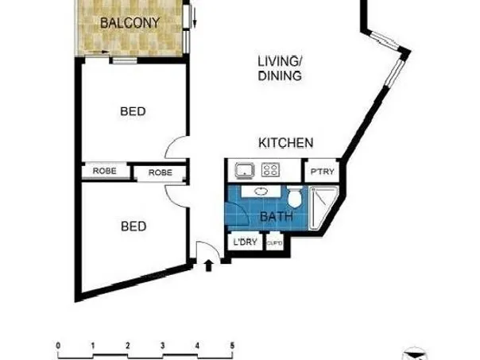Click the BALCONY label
(x=130, y=23)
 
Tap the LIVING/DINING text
(x=280, y=68)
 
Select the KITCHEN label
(x=286, y=143)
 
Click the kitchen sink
(x=245, y=170)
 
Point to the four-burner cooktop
(x=270, y=170)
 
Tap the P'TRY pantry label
(x=323, y=172)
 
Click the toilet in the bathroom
(x=295, y=196)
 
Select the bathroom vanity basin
(x=261, y=192)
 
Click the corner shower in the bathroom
(x=323, y=208)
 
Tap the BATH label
(x=277, y=217)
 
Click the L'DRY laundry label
(x=245, y=242)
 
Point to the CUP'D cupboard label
(x=275, y=243)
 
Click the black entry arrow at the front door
(x=208, y=265)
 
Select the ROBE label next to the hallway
(x=160, y=172)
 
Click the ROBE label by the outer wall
(x=104, y=171)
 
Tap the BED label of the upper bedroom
(x=133, y=111)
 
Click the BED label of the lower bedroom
(x=134, y=226)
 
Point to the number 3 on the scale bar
(x=163, y=346)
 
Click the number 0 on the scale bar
(x=58, y=346)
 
